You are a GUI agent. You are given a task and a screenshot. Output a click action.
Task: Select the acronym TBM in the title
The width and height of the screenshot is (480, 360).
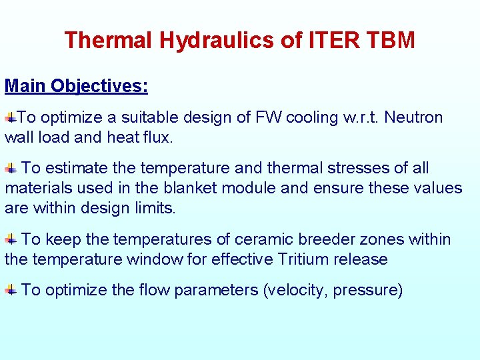(x=390, y=41)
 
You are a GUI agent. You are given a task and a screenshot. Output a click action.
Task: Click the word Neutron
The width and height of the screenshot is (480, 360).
(x=413, y=118)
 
